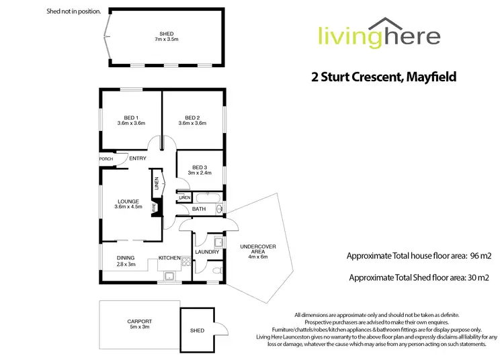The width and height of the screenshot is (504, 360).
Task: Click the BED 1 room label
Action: coord(131,116)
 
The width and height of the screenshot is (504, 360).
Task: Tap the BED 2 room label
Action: coord(193,116)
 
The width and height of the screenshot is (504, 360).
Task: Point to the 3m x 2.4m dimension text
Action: coord(199,173)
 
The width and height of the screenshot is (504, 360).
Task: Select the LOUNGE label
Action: coord(128,201)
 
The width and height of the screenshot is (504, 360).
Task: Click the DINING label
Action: coord(126,257)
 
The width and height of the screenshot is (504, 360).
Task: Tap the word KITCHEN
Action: coord(169,257)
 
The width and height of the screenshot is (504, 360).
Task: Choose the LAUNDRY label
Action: coord(207,252)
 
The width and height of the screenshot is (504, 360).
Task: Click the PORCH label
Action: coord(106,159)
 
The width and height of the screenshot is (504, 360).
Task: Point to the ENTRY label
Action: coord(138,159)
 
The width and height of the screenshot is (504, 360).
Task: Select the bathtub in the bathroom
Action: coord(209,197)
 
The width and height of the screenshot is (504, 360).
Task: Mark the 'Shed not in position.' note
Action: coord(74,11)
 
